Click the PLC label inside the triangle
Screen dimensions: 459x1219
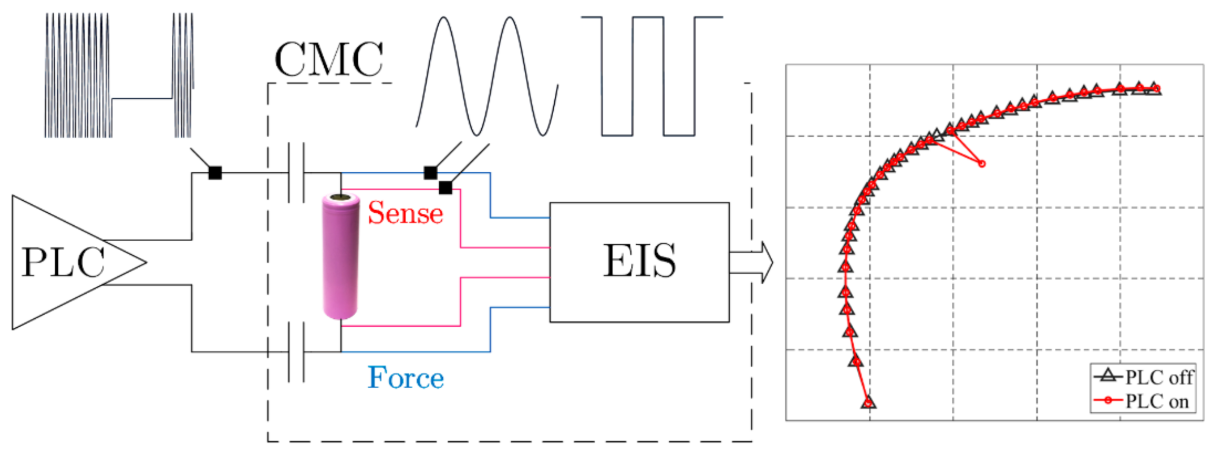[63, 262]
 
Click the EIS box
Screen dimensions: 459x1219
[639, 262]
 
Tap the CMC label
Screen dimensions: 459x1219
[328, 60]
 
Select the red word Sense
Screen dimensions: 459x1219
[405, 213]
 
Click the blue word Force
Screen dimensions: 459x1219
[405, 378]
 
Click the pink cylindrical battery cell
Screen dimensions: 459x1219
[340, 258]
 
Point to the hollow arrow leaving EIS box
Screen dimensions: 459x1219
[751, 262]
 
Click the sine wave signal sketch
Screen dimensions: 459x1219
[486, 76]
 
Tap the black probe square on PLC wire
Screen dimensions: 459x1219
[215, 173]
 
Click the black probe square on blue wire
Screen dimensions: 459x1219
[430, 173]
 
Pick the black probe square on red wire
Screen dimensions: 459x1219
[445, 188]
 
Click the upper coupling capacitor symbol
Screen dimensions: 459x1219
[296, 173]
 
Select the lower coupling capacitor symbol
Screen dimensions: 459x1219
[296, 352]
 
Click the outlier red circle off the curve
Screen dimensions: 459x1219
[981, 164]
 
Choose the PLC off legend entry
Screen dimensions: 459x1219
[1144, 377]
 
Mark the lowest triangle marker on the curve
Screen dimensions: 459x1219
[868, 403]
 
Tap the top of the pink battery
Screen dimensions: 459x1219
[340, 198]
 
